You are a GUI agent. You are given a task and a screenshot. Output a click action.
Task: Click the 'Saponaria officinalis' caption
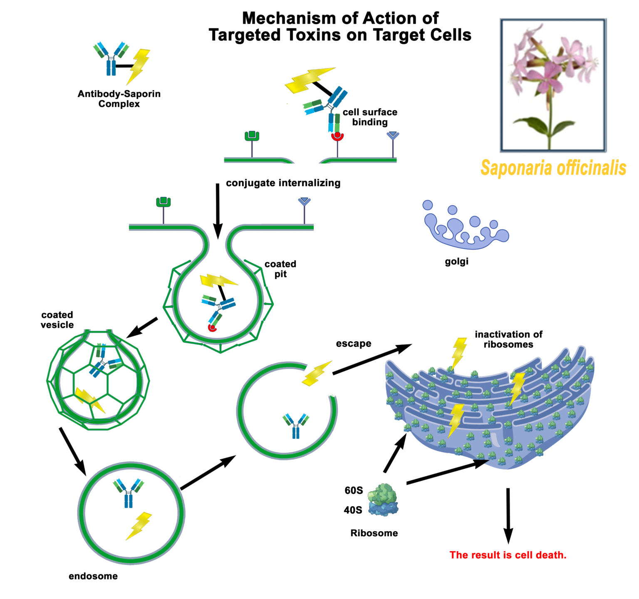click(x=553, y=168)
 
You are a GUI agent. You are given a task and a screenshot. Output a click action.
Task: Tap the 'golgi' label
click(x=456, y=262)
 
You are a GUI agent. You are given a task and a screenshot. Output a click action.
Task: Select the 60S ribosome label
click(x=354, y=490)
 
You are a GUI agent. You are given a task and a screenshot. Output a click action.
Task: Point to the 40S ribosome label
click(x=353, y=510)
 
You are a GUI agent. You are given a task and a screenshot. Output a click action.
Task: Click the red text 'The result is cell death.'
click(x=508, y=555)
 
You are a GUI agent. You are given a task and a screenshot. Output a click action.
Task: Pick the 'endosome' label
click(x=93, y=576)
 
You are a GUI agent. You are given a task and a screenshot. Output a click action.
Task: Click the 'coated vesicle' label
click(x=57, y=320)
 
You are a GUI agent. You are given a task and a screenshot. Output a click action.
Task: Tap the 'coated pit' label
click(x=280, y=269)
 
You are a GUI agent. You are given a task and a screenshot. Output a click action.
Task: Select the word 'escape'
click(x=354, y=344)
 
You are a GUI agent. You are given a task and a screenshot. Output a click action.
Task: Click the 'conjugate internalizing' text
click(x=283, y=183)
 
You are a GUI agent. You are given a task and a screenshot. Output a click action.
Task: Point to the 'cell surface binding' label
click(x=370, y=117)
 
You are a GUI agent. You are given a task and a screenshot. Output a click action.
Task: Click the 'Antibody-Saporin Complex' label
click(x=119, y=99)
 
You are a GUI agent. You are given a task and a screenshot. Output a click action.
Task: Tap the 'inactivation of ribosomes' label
click(x=508, y=339)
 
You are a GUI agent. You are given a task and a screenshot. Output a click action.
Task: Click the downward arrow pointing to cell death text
click(x=508, y=516)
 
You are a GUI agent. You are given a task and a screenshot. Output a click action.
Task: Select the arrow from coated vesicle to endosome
click(x=72, y=450)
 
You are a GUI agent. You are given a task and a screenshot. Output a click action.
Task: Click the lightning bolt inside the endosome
click(x=139, y=526)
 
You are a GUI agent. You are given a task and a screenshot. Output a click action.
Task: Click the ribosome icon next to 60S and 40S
click(x=383, y=500)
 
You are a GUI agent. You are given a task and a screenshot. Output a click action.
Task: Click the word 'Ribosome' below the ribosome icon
click(x=374, y=533)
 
